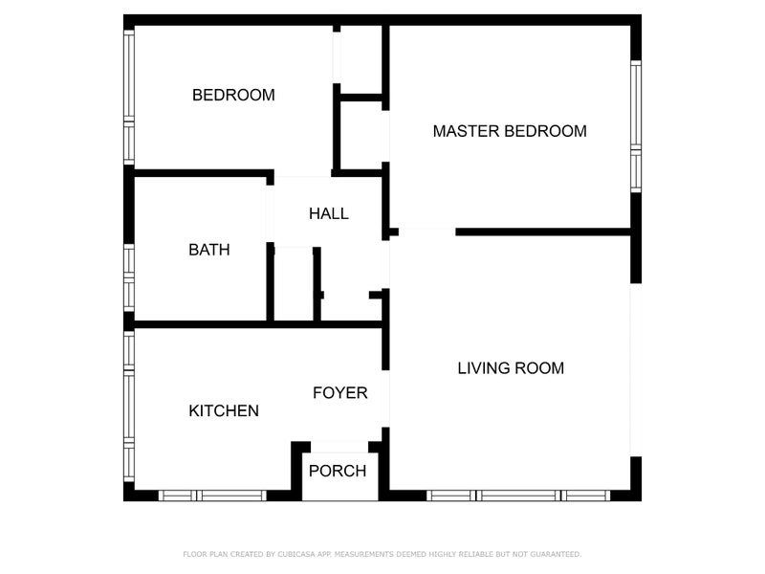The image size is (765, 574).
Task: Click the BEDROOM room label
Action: pyautogui.click(x=233, y=95)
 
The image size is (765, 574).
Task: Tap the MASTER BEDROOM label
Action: pyautogui.click(x=510, y=131)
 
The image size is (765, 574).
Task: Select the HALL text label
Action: pyautogui.click(x=328, y=213)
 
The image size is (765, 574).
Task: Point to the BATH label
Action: pyautogui.click(x=208, y=250)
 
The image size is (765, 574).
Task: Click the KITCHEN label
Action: pyautogui.click(x=224, y=410)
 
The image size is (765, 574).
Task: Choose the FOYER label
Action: pyautogui.click(x=340, y=392)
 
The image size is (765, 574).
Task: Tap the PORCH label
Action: pyautogui.click(x=338, y=471)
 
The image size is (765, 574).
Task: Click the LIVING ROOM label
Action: pyautogui.click(x=511, y=367)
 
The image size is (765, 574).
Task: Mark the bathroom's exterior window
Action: pyautogui.click(x=129, y=277)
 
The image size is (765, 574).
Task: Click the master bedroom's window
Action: pyautogui.click(x=636, y=126)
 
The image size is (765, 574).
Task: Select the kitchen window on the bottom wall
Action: pyautogui.click(x=212, y=496)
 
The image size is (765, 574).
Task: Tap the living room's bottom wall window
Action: pyautogui.click(x=518, y=496)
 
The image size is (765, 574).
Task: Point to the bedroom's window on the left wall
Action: pyautogui.click(x=129, y=98)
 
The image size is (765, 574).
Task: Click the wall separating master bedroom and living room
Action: pyautogui.click(x=543, y=232)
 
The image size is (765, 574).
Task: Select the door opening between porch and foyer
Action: pyautogui.click(x=339, y=446)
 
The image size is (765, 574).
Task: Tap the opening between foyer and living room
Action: pyautogui.click(x=385, y=398)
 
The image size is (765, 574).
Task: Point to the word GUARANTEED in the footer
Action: pyautogui.click(x=556, y=554)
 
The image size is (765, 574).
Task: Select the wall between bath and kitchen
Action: pyautogui.click(x=200, y=324)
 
